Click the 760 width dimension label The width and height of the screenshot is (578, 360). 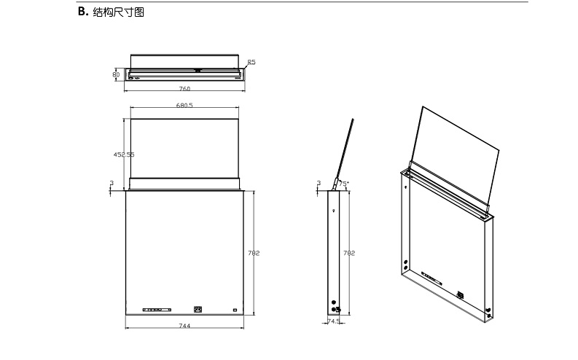184,89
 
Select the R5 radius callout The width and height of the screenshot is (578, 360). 251,63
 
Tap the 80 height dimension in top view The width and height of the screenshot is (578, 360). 116,74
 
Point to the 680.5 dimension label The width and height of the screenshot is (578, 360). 184,106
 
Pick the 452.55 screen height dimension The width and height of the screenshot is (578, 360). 123,154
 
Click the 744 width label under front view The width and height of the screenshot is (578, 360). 184,326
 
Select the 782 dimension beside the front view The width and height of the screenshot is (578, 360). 254,253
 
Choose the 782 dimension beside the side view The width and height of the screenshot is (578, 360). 348,253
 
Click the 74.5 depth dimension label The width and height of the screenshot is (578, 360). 334,321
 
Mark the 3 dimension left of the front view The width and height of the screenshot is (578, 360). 112,184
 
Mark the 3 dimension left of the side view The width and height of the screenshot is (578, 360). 319,184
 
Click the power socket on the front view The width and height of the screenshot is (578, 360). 197,309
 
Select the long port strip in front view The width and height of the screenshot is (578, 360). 157,310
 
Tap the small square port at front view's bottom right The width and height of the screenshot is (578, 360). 235,310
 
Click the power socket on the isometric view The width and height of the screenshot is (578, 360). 460,295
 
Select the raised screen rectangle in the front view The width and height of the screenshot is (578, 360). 184,146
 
